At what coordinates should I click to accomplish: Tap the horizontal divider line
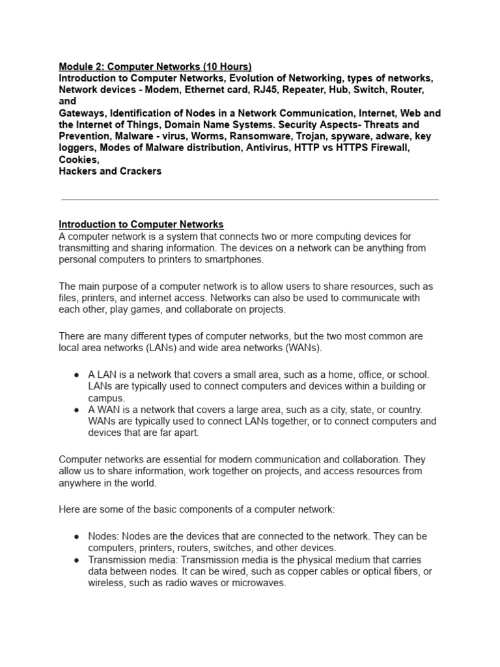click(249, 200)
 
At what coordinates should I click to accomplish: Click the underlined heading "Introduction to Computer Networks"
click(141, 225)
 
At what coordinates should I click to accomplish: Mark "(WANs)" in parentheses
click(300, 348)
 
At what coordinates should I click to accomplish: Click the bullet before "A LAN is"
click(77, 375)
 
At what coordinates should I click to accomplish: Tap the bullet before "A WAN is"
click(77, 410)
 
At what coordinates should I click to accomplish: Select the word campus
click(106, 399)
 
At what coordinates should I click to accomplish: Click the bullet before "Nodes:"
click(77, 537)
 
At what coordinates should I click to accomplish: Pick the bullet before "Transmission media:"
click(77, 560)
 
